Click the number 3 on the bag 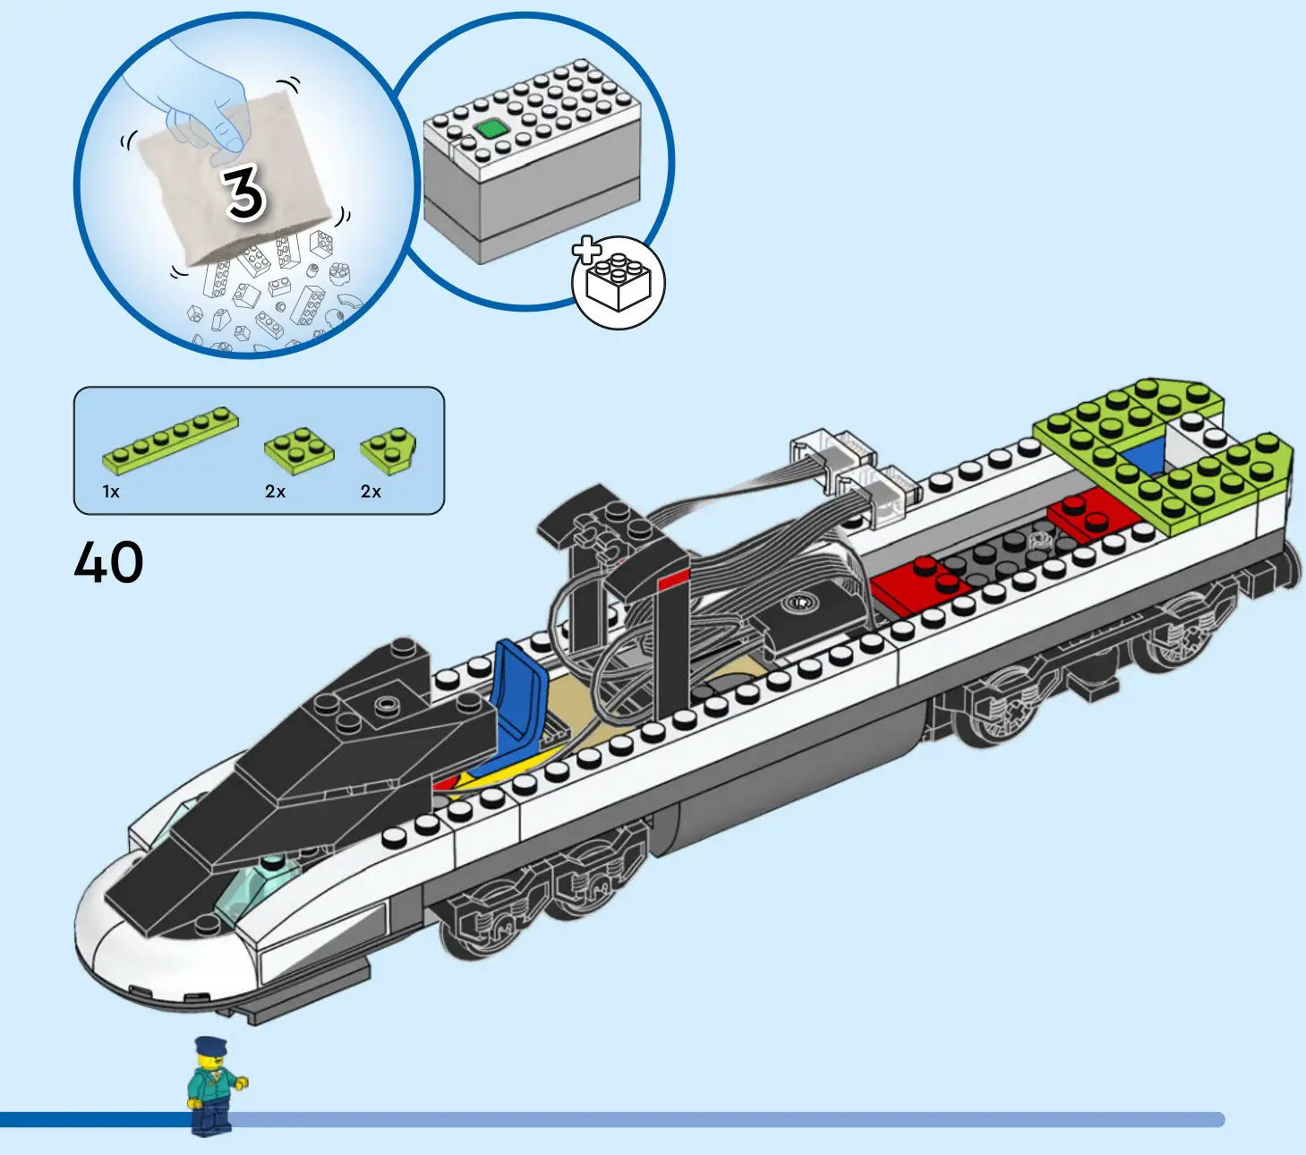[243, 192]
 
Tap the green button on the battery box [490, 129]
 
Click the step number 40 [108, 562]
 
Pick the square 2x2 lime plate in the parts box [299, 449]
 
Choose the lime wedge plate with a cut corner [388, 449]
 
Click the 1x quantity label [111, 492]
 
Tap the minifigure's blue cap [210, 1045]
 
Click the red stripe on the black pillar [673, 579]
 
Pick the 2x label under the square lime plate [275, 492]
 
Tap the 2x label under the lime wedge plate [371, 492]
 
